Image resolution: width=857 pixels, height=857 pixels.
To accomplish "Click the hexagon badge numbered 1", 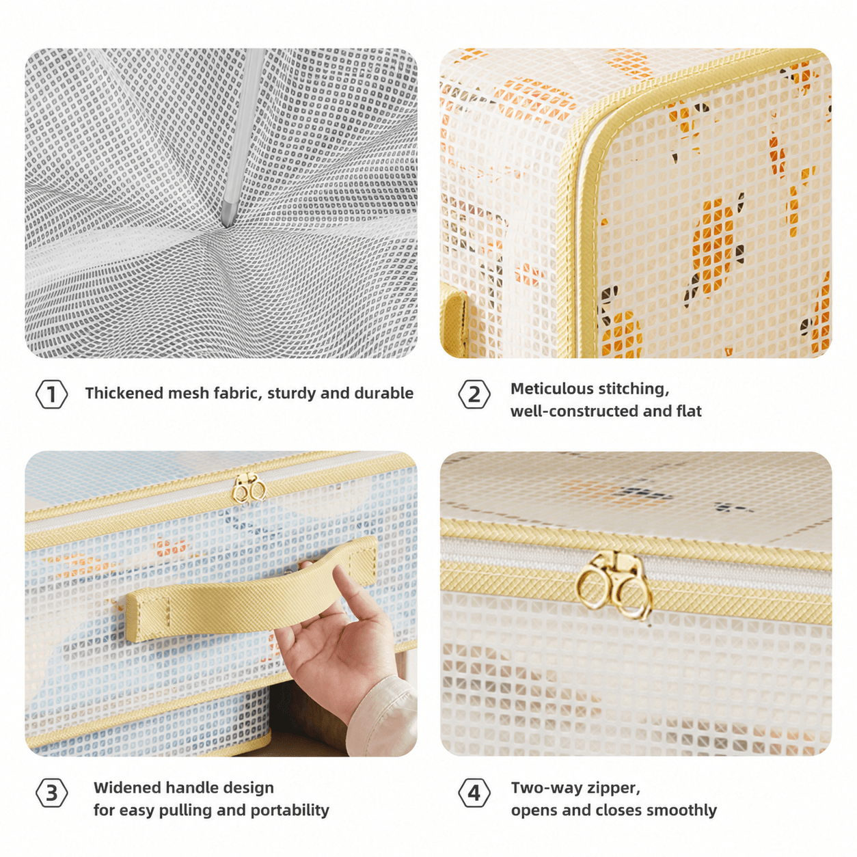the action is (x=51, y=394).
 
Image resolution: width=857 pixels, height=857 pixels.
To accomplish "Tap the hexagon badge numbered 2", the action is (x=474, y=394).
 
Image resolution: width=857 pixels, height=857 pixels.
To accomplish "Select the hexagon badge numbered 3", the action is (x=51, y=793).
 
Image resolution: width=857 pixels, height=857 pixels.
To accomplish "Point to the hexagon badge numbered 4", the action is (x=474, y=793).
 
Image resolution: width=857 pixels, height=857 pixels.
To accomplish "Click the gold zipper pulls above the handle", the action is (x=249, y=489).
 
